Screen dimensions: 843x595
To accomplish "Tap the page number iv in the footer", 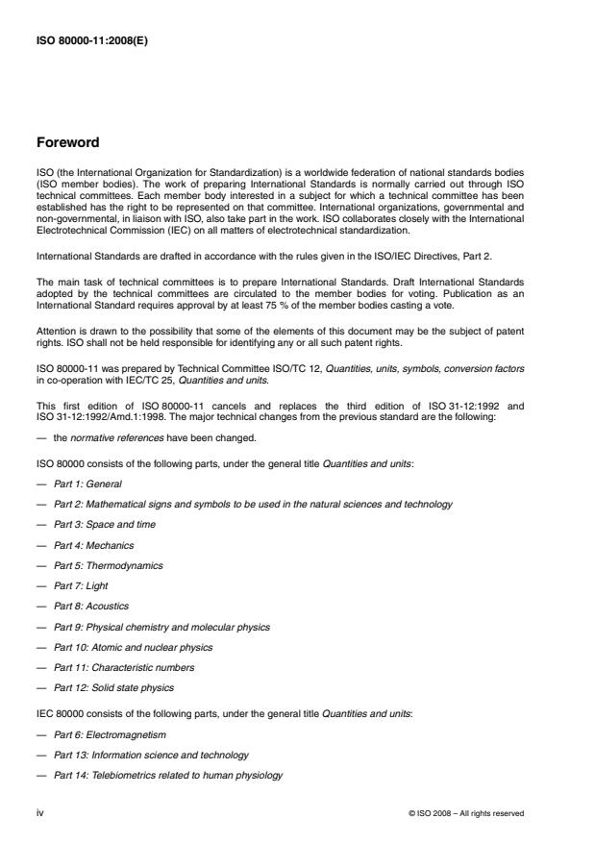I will point(40,812).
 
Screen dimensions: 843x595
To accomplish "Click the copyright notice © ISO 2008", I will point(466,813).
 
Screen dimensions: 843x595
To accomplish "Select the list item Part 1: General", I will point(88,483).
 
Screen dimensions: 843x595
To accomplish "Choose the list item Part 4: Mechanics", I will point(93,545).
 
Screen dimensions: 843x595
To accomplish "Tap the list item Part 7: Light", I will point(84,585).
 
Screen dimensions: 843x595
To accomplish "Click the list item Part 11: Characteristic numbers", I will point(124,667).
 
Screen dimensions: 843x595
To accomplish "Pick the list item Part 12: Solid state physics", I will point(114,687).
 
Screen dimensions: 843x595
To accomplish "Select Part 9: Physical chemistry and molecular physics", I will point(161,627).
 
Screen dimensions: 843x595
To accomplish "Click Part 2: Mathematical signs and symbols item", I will point(253,504).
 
